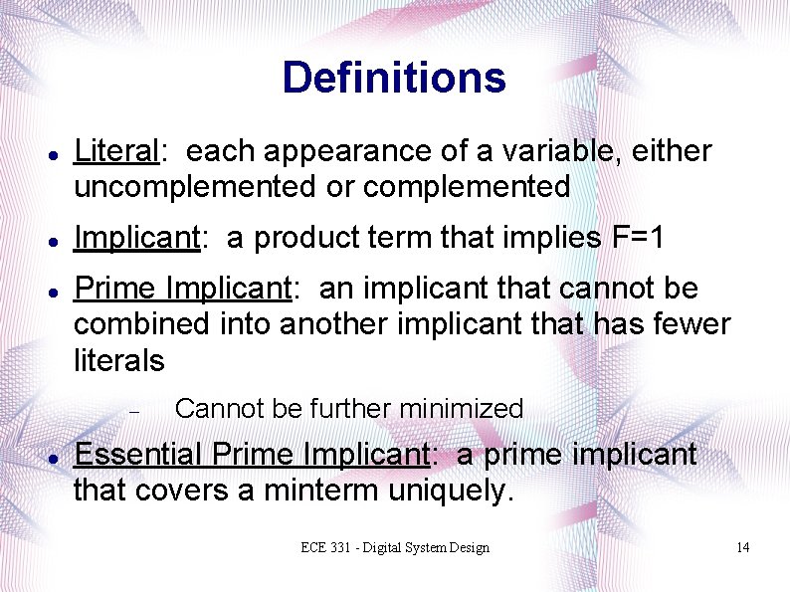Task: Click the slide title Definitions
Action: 394,78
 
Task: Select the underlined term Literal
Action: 116,151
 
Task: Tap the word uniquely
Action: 456,490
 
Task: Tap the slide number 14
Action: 741,548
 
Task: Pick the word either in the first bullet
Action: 676,151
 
